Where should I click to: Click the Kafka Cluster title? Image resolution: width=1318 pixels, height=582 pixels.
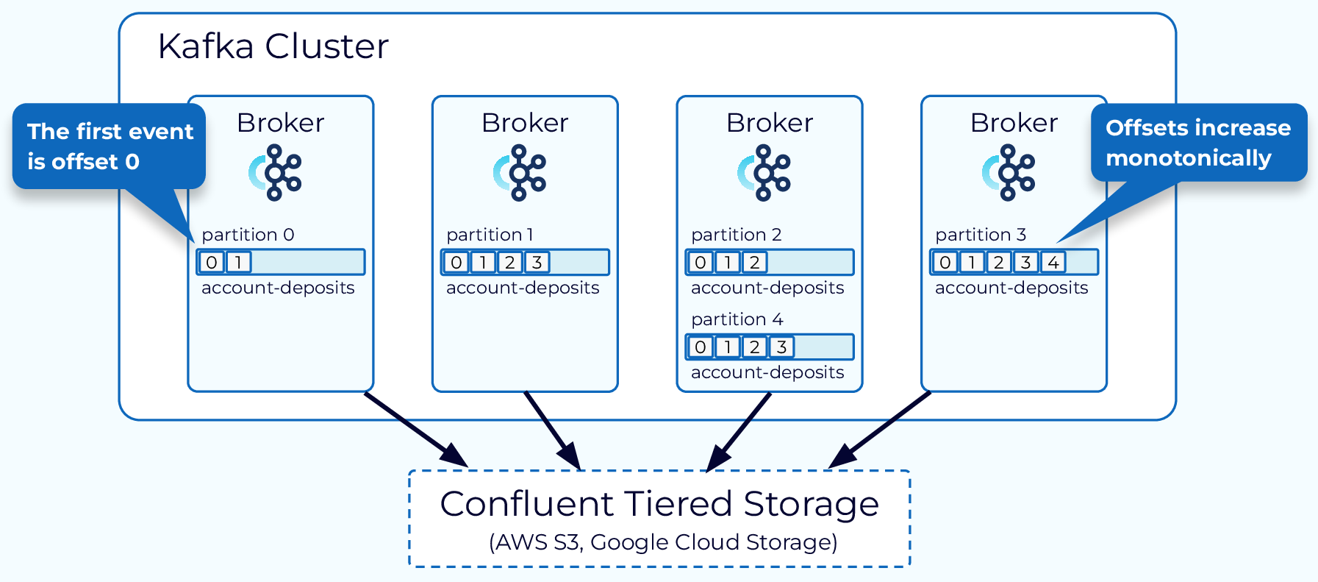(272, 46)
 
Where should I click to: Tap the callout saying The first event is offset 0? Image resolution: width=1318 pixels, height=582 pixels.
(109, 146)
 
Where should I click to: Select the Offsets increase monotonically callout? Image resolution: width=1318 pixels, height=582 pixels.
(1197, 143)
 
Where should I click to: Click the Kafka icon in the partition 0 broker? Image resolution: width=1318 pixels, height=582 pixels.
(276, 173)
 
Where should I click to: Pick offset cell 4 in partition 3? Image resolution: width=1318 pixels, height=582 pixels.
(1053, 263)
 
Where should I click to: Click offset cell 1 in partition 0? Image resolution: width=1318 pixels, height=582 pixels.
(238, 263)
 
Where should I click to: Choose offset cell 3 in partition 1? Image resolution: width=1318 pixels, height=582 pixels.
(537, 263)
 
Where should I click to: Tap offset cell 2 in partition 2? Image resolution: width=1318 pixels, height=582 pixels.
(754, 263)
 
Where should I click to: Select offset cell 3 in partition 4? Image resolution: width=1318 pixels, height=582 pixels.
(781, 347)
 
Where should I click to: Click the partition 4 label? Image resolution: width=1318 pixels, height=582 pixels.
(737, 319)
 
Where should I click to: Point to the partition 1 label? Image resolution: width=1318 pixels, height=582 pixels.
(490, 235)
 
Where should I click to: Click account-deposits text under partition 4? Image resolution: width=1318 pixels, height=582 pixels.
(767, 372)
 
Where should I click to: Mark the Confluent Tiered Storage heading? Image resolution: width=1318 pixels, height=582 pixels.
(659, 505)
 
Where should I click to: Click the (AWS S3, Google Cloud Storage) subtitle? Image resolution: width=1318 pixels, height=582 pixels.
(663, 542)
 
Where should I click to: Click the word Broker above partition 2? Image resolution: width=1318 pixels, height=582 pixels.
(769, 123)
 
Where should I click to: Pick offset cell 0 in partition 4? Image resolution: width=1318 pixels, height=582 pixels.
(700, 347)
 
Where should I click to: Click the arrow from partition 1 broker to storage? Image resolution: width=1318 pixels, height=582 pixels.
(552, 430)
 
